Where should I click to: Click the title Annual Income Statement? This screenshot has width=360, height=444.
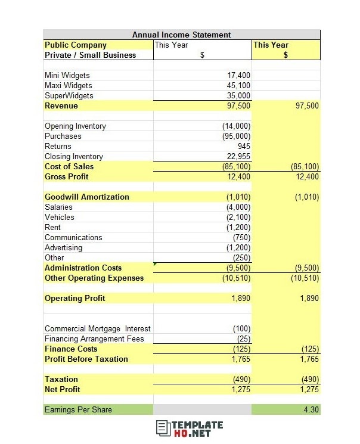coord(181,35)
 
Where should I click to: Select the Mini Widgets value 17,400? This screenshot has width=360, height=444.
coord(239,76)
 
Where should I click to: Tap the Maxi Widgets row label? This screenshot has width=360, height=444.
coord(68,86)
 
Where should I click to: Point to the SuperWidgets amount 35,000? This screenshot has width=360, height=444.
coord(239,96)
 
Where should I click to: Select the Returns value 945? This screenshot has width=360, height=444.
coord(243,147)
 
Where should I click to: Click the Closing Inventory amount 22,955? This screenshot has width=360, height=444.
coord(239,157)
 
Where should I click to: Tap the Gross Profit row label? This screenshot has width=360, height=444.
coord(66,177)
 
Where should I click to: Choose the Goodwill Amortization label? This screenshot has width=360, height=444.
coord(86,197)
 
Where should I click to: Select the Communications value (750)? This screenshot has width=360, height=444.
coord(242,238)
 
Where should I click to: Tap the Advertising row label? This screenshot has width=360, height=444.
coord(63,248)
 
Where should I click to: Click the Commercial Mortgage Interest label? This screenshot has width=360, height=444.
coord(97,329)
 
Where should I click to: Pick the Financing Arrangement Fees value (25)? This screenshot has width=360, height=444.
coord(244,339)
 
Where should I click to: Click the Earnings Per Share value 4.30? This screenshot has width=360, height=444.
coord(311,410)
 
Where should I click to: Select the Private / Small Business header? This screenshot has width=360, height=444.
coord(90,55)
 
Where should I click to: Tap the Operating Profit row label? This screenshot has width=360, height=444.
coord(75,299)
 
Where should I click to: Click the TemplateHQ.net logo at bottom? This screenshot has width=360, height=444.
coord(190,429)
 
